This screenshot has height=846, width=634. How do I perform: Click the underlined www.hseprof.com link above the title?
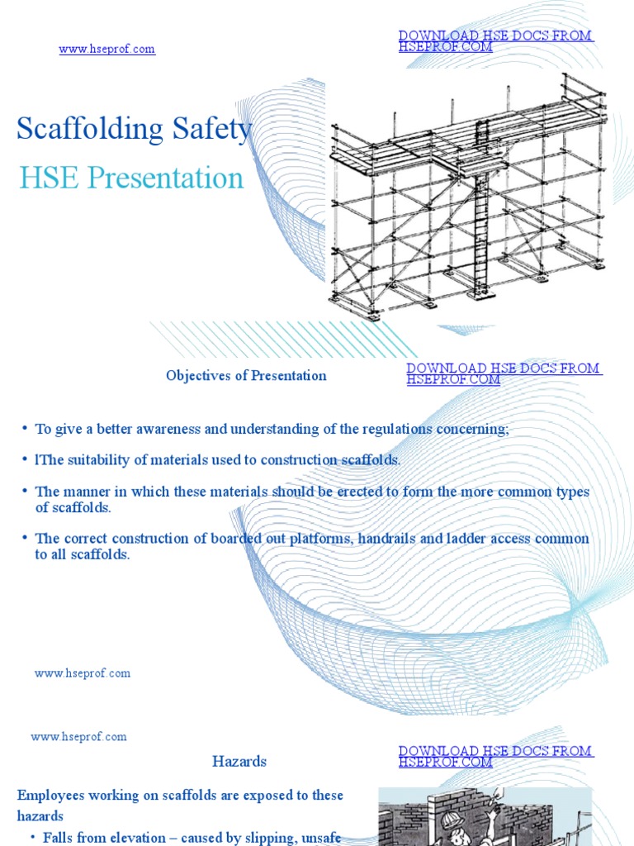106,50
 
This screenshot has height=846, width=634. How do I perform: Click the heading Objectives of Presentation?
246,376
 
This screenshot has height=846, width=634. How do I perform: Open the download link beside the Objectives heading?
504,373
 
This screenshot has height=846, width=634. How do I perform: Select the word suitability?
105,460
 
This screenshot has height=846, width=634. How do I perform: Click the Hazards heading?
239,761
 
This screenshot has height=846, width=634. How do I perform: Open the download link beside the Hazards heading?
495,756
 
